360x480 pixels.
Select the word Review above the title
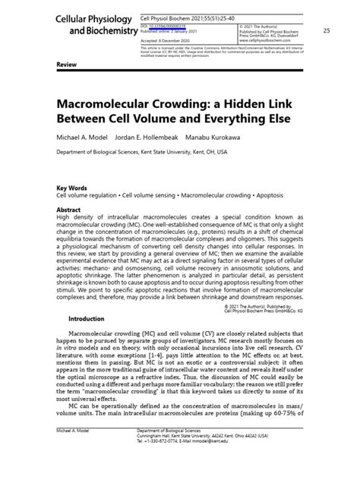click(67, 66)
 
